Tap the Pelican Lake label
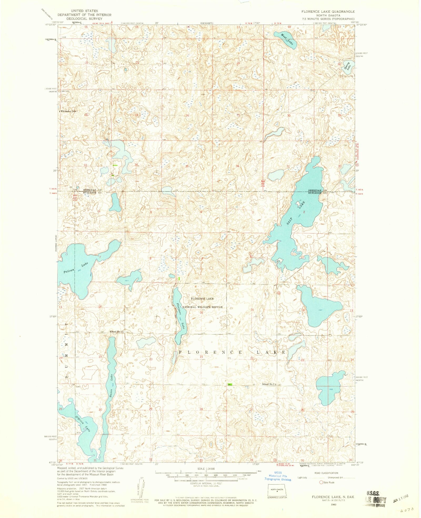coord(76,268)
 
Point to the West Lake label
coord(287,40)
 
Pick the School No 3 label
coord(268,384)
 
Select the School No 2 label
coord(116,331)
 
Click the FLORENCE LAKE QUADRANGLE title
coord(328,12)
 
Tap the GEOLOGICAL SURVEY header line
coord(84,19)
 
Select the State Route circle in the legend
coord(321,482)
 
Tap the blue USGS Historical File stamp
coord(278,476)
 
